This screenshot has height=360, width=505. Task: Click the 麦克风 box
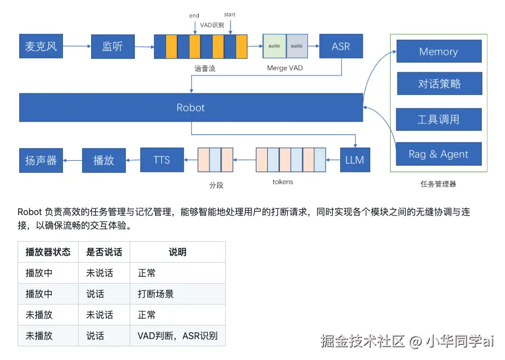click(x=41, y=46)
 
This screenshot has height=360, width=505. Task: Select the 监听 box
click(x=113, y=46)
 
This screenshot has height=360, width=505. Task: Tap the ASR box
click(x=341, y=46)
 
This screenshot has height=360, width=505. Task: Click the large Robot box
click(x=191, y=108)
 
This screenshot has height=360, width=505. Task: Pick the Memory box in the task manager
click(x=439, y=52)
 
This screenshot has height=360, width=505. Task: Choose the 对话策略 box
click(x=439, y=84)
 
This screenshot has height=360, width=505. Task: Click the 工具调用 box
click(x=439, y=119)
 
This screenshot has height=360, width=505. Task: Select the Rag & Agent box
click(x=439, y=154)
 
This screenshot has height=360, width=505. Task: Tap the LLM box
click(x=355, y=160)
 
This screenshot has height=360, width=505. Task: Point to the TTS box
click(x=162, y=160)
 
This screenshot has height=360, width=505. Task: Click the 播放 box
click(x=104, y=160)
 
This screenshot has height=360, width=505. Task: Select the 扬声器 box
click(x=41, y=160)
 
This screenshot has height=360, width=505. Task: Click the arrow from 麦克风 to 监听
click(x=77, y=46)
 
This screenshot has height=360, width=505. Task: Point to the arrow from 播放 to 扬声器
click(x=72, y=160)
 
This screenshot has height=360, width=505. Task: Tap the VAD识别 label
click(x=212, y=25)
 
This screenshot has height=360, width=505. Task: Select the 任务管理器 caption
click(x=438, y=184)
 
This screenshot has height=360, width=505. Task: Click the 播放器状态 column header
click(x=48, y=252)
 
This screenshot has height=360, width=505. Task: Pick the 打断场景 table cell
click(x=156, y=294)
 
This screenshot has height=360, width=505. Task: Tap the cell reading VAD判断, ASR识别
click(x=177, y=336)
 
